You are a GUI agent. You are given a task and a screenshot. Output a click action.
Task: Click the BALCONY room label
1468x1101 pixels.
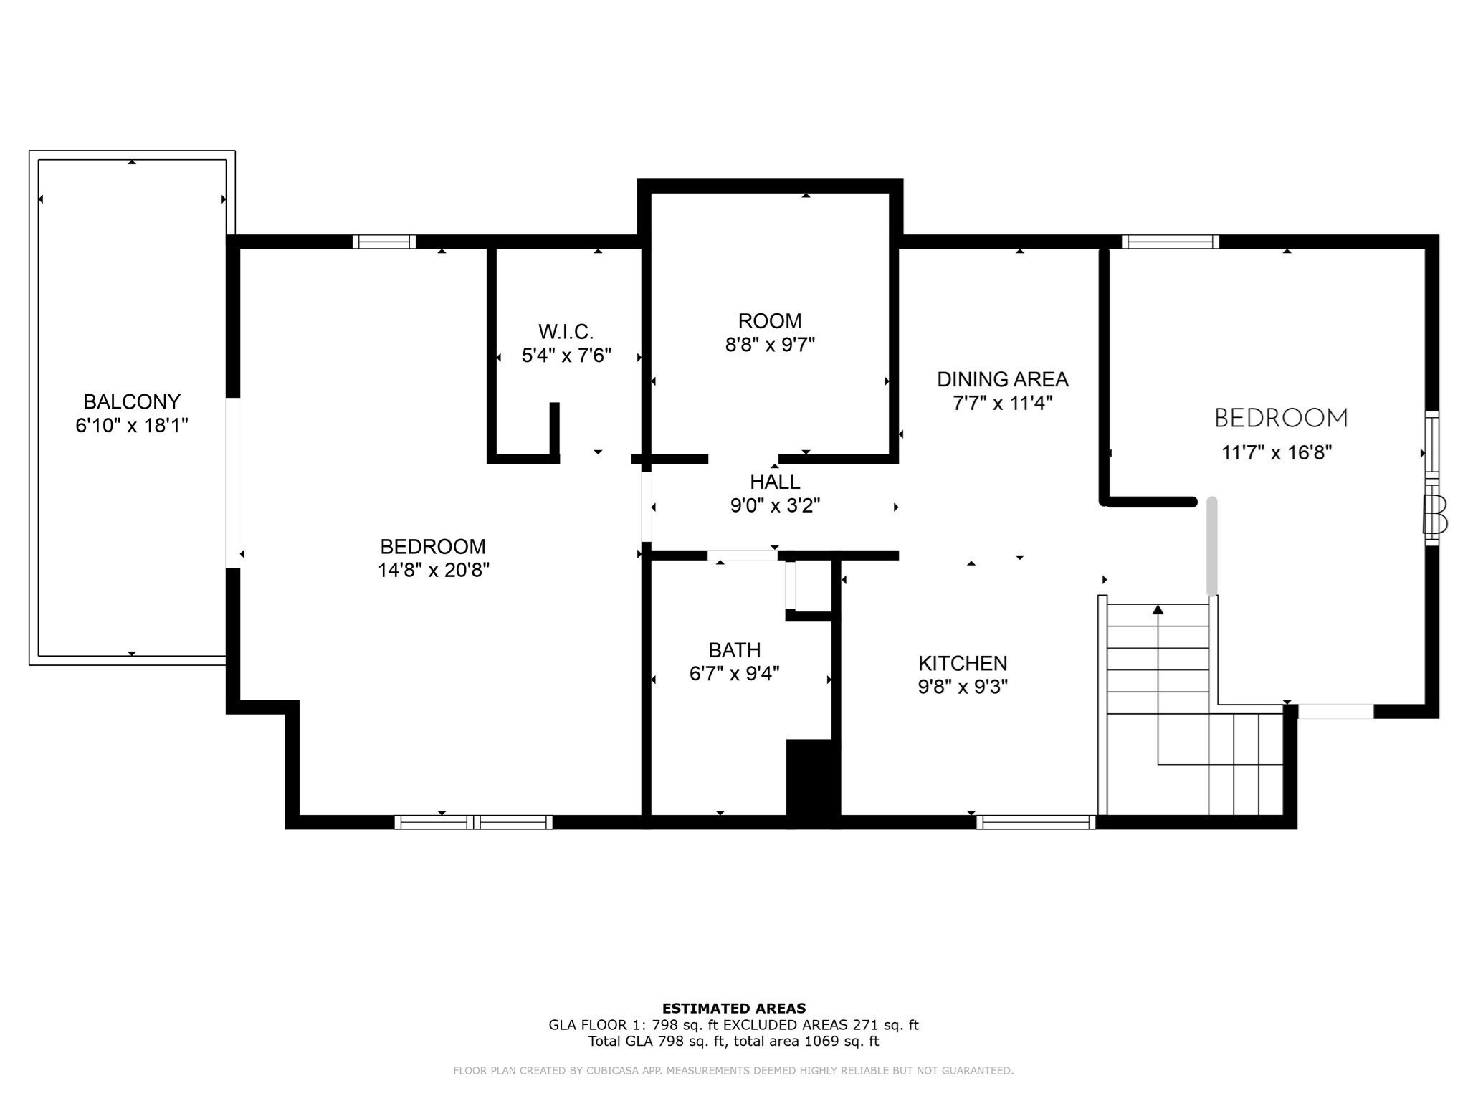tap(131, 401)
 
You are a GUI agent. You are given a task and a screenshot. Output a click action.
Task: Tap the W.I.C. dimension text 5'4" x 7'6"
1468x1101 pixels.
tap(566, 356)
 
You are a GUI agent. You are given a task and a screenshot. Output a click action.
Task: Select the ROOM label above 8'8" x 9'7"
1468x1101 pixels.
tap(770, 320)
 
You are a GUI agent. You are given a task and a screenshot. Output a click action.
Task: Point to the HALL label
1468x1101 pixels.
tap(775, 482)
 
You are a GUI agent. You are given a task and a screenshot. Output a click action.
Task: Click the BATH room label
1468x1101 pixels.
tap(734, 650)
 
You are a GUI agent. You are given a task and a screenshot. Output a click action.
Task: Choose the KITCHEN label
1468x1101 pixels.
tap(962, 663)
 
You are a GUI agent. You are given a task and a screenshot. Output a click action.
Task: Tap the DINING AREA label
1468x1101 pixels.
tap(1002, 379)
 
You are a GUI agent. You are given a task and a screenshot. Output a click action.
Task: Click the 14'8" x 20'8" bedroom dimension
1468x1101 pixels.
tap(433, 571)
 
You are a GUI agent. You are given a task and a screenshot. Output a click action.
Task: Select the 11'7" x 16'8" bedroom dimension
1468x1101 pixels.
tap(1276, 453)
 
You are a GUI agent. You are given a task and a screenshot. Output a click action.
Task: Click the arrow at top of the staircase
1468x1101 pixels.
tap(1158, 610)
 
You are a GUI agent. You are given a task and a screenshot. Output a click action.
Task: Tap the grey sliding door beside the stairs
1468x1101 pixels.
tap(1211, 546)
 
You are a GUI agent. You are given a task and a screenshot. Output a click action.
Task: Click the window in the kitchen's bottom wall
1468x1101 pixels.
tap(1035, 822)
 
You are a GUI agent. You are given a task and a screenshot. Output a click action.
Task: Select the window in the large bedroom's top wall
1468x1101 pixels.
tap(383, 242)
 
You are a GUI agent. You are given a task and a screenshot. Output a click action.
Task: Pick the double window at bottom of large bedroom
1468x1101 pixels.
tap(473, 822)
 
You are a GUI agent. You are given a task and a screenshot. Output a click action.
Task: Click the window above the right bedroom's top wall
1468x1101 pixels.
tap(1170, 242)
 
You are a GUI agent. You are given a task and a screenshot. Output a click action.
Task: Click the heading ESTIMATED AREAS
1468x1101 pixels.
tap(733, 1009)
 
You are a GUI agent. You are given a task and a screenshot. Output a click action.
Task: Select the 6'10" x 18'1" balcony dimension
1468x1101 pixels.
tap(131, 426)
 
